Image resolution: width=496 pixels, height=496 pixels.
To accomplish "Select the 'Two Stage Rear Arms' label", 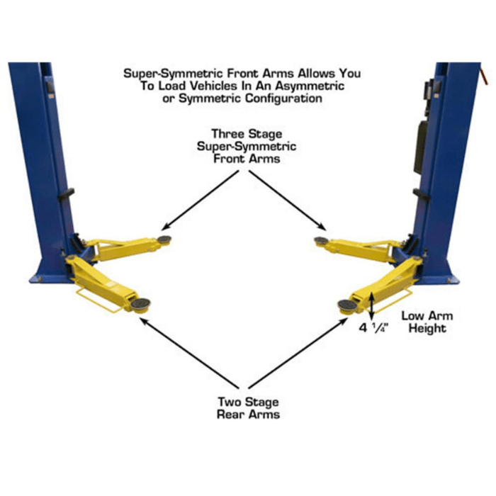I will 247,407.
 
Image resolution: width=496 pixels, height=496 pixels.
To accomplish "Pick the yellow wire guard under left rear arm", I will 96,298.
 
